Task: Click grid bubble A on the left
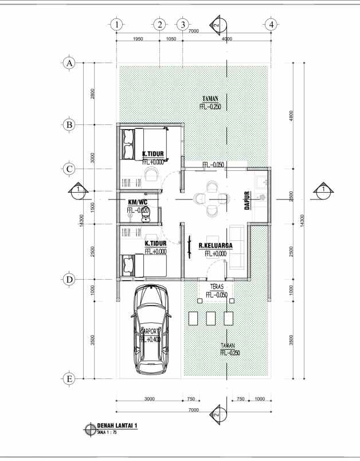click(69, 63)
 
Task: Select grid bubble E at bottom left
click(69, 379)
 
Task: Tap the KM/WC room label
click(138, 202)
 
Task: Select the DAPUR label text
click(248, 201)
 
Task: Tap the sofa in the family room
click(235, 248)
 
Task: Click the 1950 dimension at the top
click(138, 38)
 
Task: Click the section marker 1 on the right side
click(323, 190)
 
